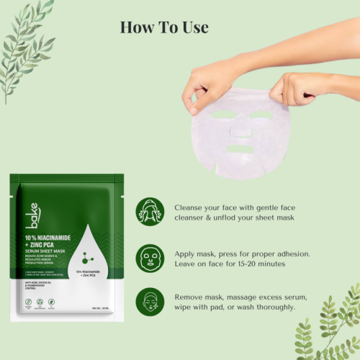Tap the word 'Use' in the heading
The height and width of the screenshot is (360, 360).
pos(194,27)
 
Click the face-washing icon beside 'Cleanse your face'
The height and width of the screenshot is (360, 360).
pos(150,212)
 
